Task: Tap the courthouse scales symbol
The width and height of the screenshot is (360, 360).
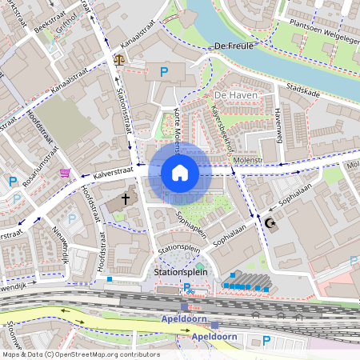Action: (x=120, y=58)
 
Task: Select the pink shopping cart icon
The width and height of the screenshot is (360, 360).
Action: (x=64, y=172)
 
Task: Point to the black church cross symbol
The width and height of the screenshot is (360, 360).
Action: (x=125, y=197)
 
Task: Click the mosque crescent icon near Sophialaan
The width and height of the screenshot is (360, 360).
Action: (x=270, y=223)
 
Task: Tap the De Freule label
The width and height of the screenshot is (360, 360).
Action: (x=234, y=46)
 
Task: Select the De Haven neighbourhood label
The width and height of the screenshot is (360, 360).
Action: (x=234, y=95)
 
